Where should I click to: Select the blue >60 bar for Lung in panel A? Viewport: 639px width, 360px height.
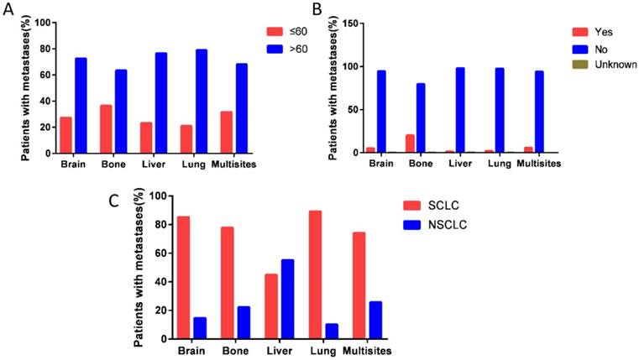(202, 101)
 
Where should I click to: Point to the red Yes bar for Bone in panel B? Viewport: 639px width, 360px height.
(410, 143)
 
